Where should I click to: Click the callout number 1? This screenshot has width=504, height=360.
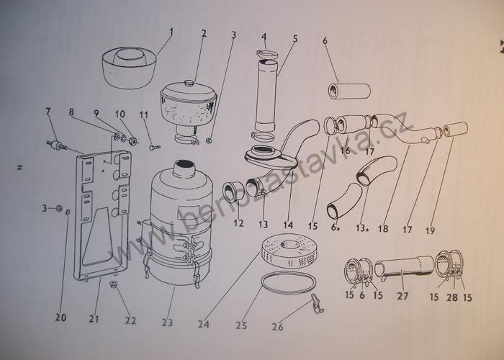click(171, 31)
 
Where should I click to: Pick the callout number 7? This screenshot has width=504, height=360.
click(48, 112)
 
